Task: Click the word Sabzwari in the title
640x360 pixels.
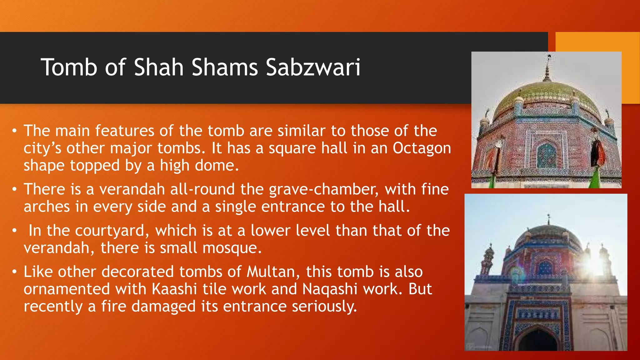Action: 313,67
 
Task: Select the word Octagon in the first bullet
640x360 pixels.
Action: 422,148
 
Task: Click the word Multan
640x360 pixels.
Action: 271,272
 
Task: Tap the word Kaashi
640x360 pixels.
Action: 174,289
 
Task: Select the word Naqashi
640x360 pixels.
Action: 330,289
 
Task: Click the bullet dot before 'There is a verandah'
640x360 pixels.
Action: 14,190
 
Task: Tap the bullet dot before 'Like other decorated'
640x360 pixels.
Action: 14,272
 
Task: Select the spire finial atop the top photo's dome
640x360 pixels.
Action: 547,67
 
